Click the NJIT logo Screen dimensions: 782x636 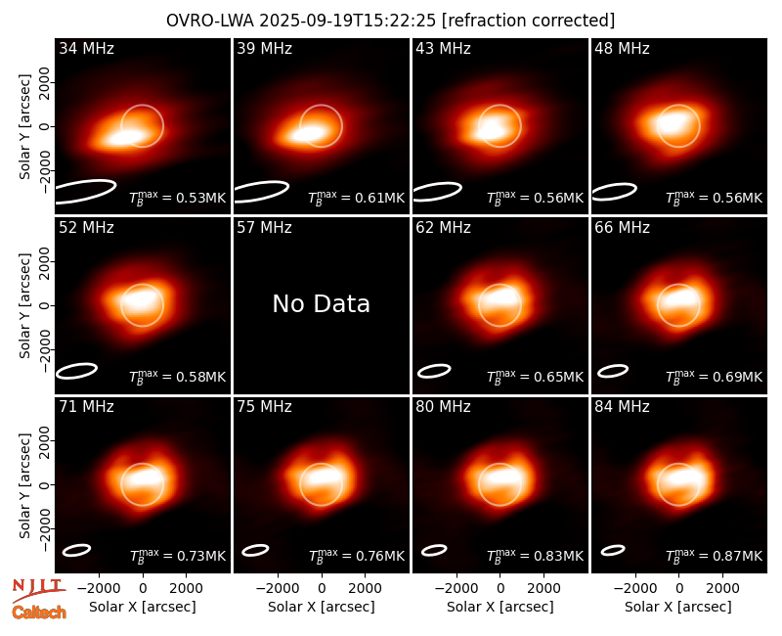tap(38, 589)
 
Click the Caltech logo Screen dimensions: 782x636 tap(39, 613)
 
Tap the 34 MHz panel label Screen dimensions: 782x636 tap(86, 48)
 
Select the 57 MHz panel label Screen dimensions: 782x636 tap(264, 228)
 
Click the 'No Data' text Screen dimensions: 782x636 tap(322, 303)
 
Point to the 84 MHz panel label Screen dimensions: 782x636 tap(622, 407)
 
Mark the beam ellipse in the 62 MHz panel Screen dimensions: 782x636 tap(434, 371)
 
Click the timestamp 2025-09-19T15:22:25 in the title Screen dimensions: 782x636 tap(348, 21)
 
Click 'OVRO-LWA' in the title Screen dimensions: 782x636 tap(210, 21)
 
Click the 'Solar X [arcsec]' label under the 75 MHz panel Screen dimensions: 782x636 tap(322, 607)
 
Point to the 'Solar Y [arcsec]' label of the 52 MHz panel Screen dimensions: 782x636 tap(25, 305)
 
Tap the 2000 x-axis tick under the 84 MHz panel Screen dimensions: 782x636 tap(722, 588)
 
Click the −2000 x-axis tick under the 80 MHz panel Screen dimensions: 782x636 tap(456, 588)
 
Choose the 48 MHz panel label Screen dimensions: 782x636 tap(622, 48)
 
